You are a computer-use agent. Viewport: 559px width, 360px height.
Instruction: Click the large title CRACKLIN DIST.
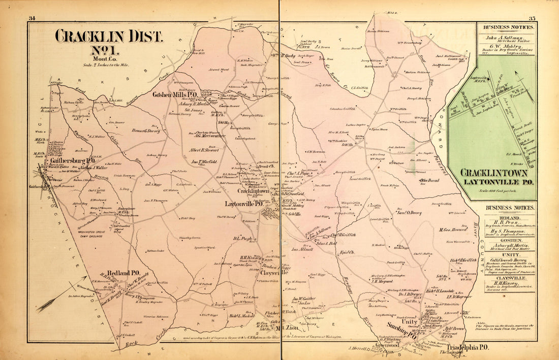point(109,37)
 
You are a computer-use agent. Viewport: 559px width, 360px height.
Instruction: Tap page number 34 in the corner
point(32,19)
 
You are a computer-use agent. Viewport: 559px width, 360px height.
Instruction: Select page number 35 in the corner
point(532,19)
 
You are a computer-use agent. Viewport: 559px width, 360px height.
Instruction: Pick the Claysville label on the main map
point(270,272)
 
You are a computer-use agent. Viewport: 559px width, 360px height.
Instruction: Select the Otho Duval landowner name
point(428,180)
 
